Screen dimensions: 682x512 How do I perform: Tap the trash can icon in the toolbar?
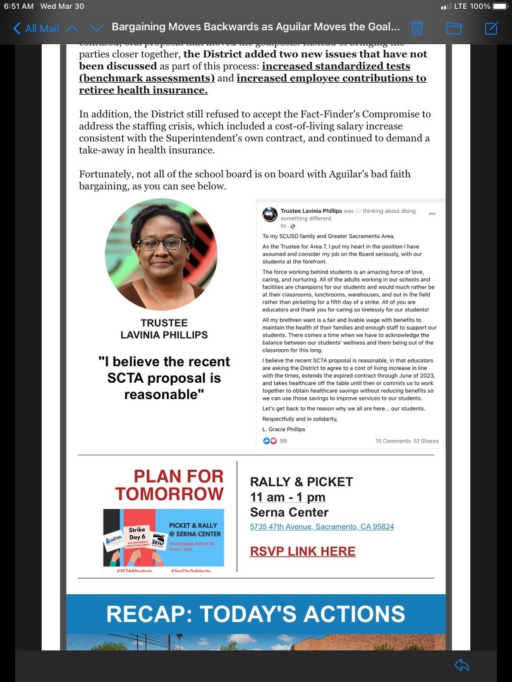point(417,28)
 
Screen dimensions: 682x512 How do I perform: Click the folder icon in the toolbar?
point(454,28)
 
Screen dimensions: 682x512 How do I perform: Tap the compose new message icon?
point(491,28)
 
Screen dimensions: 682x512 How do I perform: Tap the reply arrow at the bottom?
point(461,664)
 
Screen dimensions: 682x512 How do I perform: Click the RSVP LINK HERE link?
point(303,551)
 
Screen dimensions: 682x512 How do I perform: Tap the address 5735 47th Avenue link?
point(322,527)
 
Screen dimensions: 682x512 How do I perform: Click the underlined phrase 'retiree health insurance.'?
point(143,90)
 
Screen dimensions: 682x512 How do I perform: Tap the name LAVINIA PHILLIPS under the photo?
point(164,335)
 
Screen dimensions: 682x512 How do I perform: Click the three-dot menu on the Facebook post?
point(432,213)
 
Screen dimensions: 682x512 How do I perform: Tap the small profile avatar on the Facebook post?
point(270,214)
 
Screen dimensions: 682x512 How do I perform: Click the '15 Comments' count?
point(393,441)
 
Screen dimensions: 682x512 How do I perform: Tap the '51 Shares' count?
point(426,441)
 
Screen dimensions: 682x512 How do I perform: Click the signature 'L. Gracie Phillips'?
point(284,429)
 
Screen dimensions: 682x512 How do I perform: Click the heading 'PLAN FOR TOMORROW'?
point(178,484)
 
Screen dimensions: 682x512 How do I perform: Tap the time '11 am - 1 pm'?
point(288,497)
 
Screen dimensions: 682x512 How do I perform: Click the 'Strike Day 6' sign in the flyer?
point(137,534)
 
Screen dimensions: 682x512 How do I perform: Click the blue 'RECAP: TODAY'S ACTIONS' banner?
point(255,614)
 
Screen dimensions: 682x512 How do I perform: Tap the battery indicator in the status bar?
point(497,6)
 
